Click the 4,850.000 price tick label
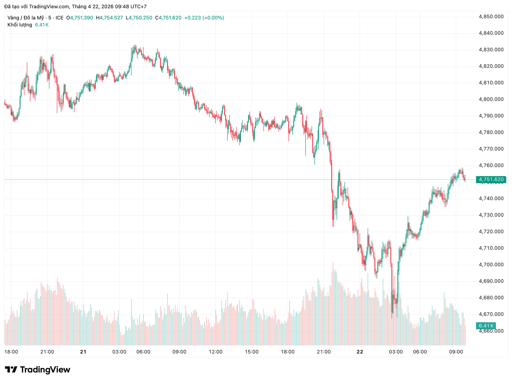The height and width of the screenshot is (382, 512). point(491,17)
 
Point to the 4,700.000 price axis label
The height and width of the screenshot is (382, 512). point(491,264)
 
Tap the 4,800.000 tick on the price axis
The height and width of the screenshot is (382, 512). point(491,99)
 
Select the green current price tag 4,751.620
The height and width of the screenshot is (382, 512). point(491,179)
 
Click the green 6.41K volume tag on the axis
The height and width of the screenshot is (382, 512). point(485,325)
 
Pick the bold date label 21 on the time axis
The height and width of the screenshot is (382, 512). point(83,352)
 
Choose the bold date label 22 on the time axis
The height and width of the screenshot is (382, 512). point(360,352)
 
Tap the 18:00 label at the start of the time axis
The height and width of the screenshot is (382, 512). point(11,352)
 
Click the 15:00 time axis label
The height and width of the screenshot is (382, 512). point(251,352)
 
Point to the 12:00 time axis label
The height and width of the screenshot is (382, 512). point(215,352)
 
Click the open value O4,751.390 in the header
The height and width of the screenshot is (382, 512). point(79,18)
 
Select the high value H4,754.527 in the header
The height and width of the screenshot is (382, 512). point(109,18)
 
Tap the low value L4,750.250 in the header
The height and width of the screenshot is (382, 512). point(139,18)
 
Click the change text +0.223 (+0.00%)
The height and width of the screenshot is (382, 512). point(204,18)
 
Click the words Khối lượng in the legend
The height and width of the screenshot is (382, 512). point(20,25)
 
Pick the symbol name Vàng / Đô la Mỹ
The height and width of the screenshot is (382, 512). point(26,18)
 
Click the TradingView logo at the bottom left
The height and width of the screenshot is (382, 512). point(38,370)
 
